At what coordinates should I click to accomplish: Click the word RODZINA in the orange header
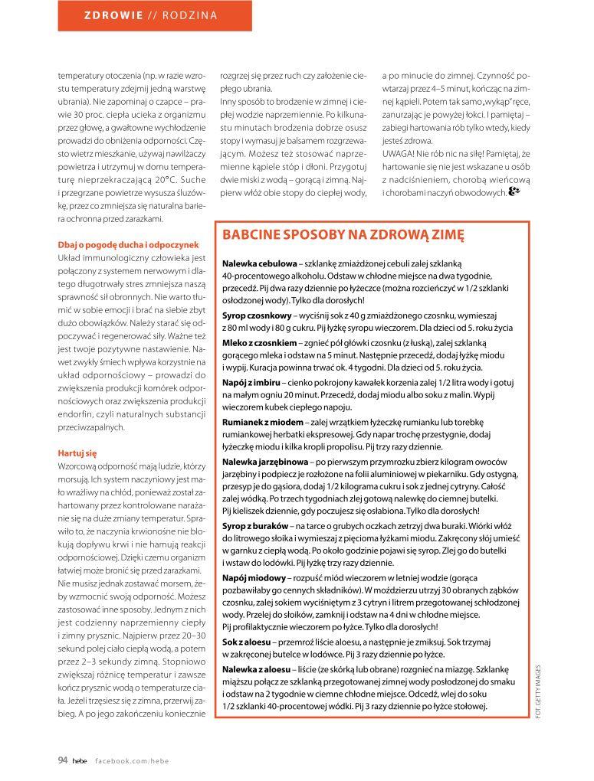click(x=191, y=15)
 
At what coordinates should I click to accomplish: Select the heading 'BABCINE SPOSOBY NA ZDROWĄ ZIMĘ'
click(x=343, y=234)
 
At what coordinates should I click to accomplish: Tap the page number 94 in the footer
click(x=63, y=760)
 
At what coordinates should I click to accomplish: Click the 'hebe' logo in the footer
click(x=79, y=760)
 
